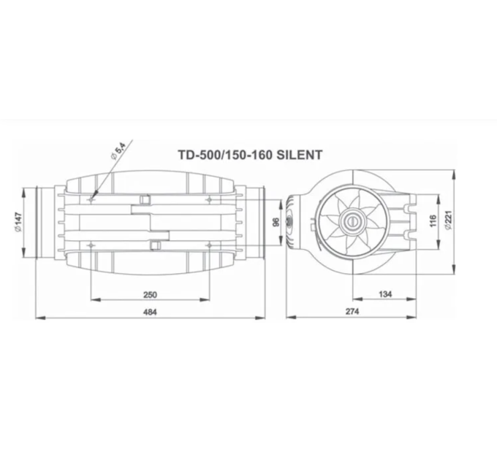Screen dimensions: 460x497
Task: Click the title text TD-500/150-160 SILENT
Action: pos(250,155)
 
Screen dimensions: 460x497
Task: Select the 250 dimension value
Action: pos(150,294)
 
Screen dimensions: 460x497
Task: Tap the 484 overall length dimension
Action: pos(150,312)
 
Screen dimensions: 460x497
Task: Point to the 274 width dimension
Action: pos(353,312)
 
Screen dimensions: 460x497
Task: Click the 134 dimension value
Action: pos(387,294)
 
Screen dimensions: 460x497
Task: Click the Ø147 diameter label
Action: pos(18,220)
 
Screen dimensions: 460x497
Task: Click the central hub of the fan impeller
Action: pos(352,218)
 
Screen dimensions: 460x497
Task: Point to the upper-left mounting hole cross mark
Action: pos(91,199)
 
